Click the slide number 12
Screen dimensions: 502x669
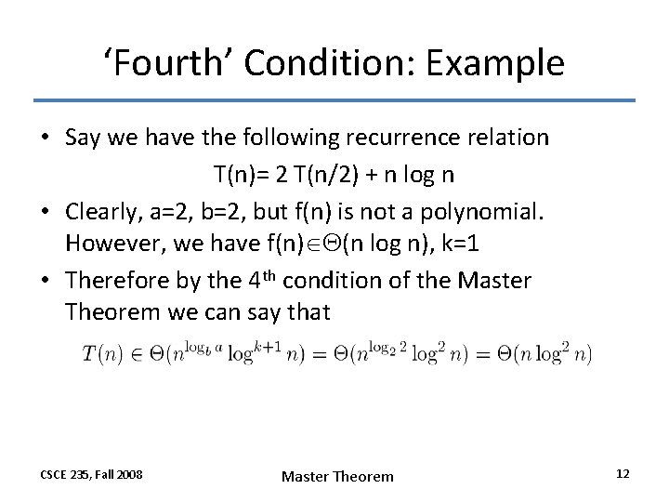click(x=623, y=474)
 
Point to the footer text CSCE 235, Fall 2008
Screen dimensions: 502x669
click(x=91, y=475)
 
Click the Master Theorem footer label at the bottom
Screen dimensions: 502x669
click(x=337, y=476)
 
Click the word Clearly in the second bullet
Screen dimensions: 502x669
click(x=101, y=210)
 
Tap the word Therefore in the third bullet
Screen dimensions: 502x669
click(x=115, y=280)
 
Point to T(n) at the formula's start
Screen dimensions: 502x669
click(x=100, y=354)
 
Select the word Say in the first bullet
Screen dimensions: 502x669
click(x=82, y=138)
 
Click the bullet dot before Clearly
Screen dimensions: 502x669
click(x=45, y=211)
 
